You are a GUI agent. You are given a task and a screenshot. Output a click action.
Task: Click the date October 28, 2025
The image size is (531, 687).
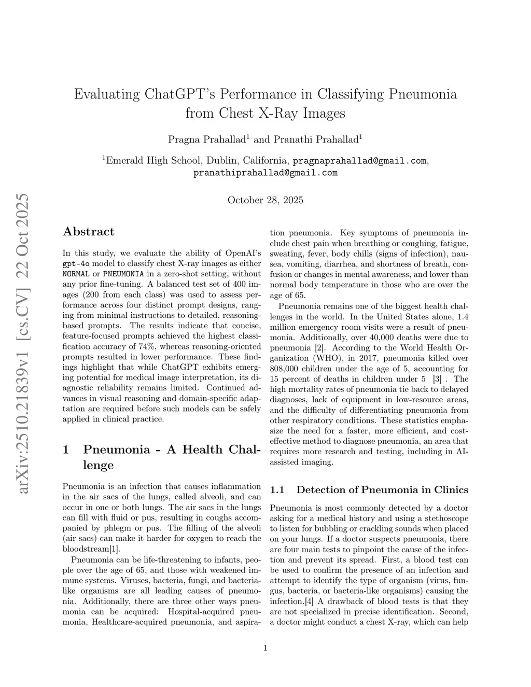click(265, 200)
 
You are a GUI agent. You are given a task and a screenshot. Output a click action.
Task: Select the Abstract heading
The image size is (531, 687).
click(88, 232)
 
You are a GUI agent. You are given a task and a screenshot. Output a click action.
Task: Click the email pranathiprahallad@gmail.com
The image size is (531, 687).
click(265, 173)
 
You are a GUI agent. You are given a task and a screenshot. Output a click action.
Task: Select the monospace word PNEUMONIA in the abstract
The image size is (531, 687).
click(123, 274)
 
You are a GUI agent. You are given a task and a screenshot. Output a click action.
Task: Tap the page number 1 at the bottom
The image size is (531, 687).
click(265, 647)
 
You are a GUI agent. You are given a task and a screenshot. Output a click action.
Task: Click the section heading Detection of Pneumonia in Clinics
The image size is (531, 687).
click(382, 490)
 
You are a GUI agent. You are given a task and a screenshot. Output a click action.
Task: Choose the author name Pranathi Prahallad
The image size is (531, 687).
click(316, 139)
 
